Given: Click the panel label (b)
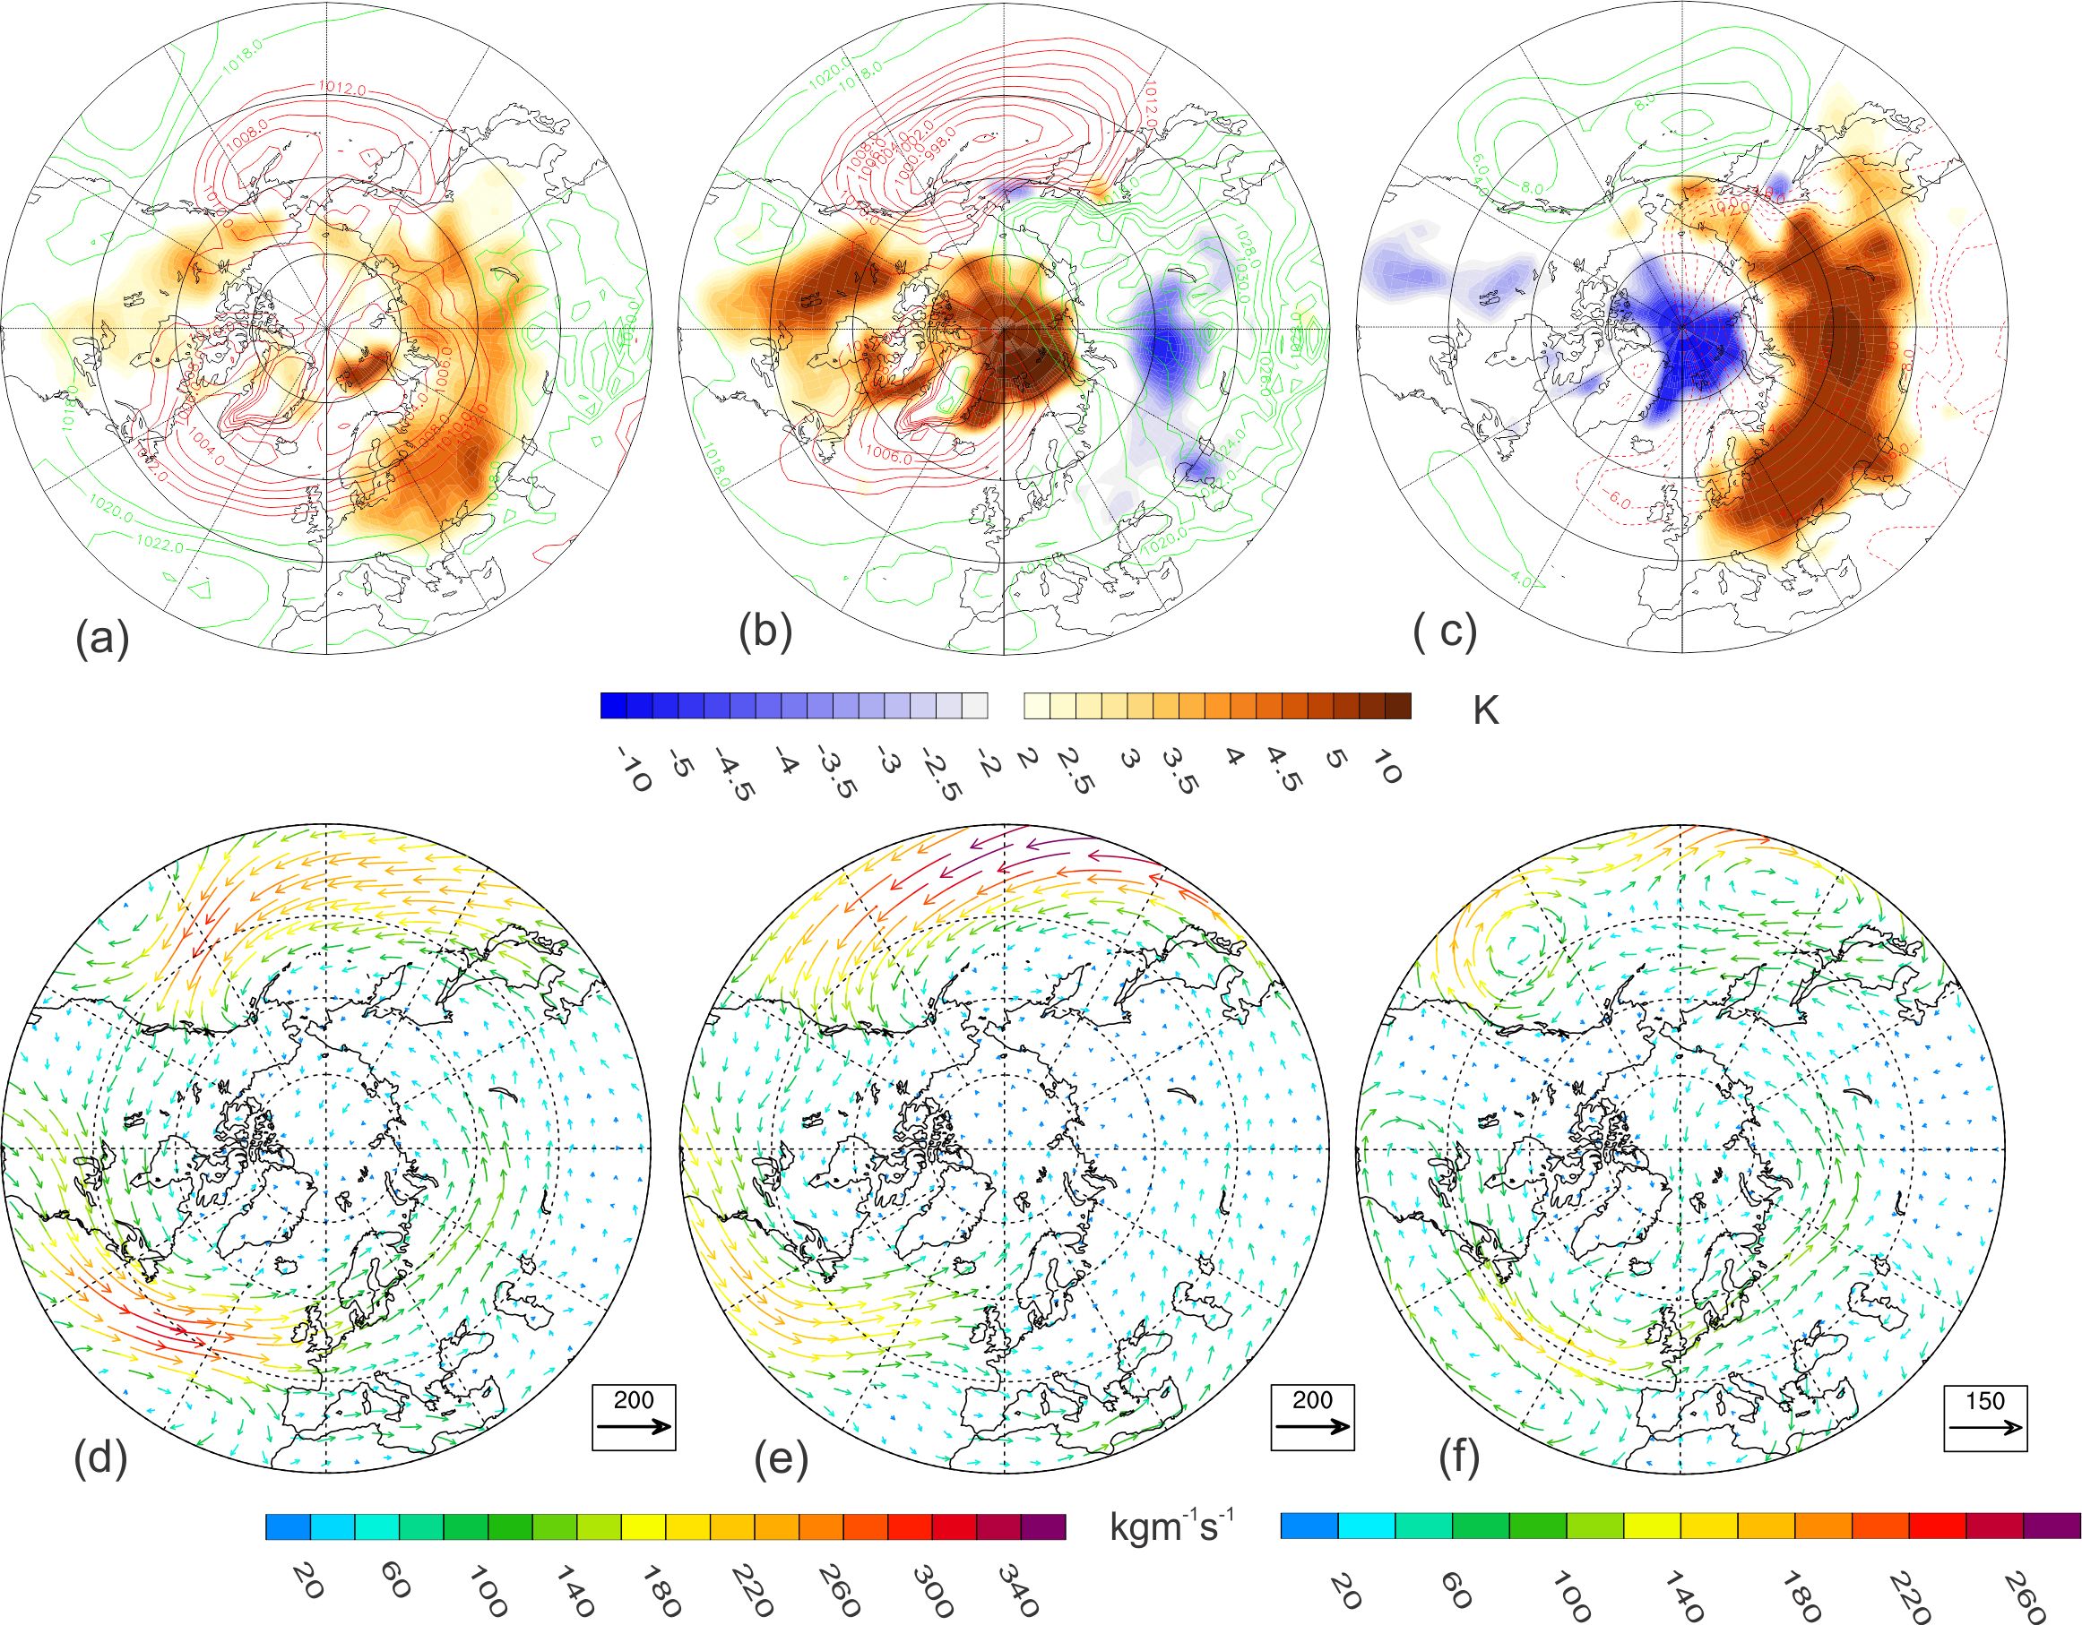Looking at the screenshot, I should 765,634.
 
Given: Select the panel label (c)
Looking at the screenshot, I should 1445,632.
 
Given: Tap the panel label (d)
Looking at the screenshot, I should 100,1458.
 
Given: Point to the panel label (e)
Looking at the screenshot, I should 781,1458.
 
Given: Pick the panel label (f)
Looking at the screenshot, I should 1459,1459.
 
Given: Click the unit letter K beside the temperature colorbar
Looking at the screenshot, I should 1485,711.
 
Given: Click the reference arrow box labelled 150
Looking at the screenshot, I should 1985,1418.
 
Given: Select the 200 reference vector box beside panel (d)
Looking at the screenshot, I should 633,1417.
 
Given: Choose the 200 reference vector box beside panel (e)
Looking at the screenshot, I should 1312,1417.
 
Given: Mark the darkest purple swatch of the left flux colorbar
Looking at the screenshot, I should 1043,1526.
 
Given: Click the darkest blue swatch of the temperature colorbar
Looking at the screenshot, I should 613,705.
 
